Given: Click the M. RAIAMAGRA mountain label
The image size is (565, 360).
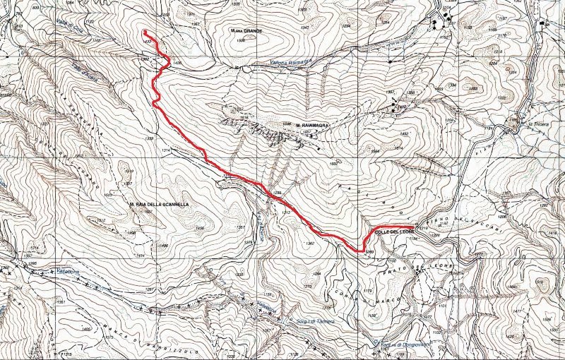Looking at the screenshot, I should tap(309, 126).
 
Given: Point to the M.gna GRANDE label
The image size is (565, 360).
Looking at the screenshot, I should tap(246, 31).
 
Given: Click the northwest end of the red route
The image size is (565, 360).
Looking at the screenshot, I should tap(144, 32).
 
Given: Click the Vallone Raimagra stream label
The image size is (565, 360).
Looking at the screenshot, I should tap(291, 62).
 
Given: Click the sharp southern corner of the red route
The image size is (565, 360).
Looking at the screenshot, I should tap(362, 251).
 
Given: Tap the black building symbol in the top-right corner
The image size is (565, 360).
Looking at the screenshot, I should tap(543, 23).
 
